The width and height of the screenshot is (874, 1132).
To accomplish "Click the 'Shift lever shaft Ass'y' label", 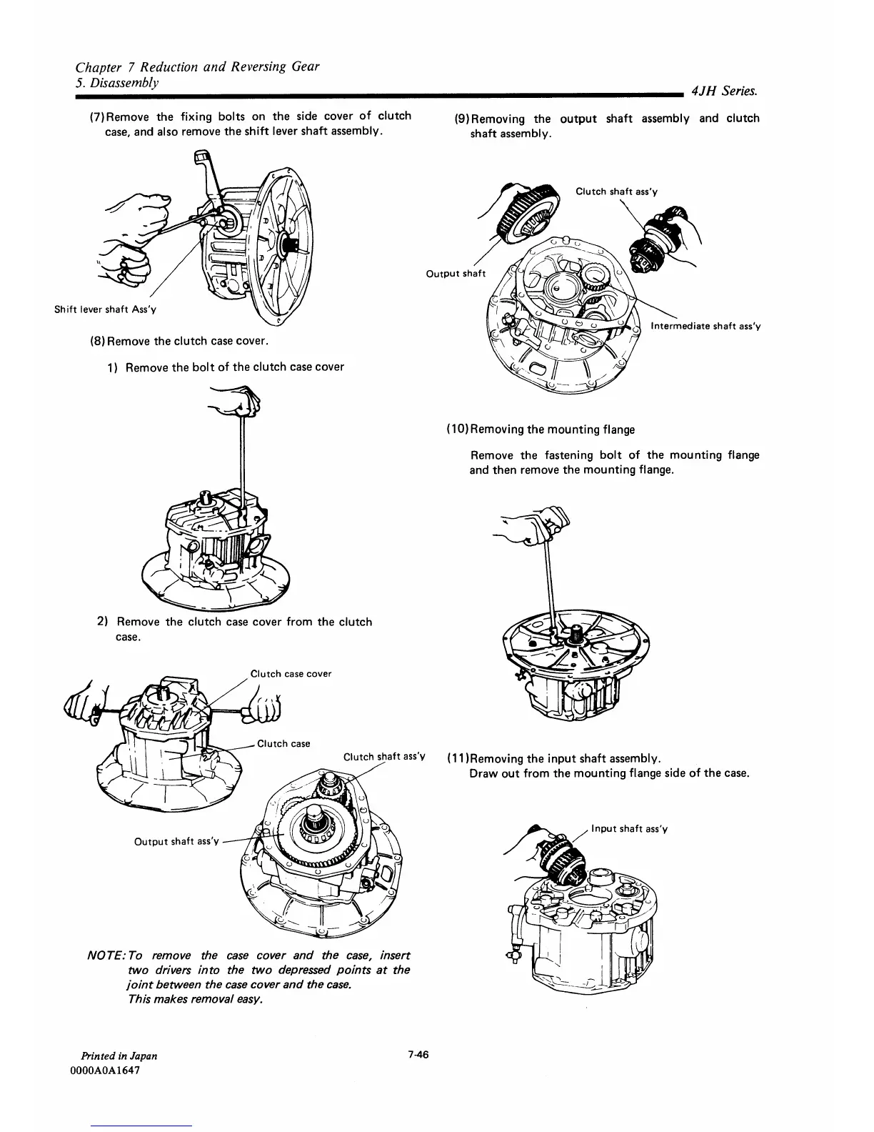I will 105,309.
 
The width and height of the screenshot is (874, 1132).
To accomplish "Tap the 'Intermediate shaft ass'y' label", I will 705,327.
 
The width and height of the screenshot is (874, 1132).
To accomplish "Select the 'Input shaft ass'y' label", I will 628,829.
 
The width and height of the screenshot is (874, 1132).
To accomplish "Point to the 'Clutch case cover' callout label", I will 291,673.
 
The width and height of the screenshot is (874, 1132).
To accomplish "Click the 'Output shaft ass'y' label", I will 176,841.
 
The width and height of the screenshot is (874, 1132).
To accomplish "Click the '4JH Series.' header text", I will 724,91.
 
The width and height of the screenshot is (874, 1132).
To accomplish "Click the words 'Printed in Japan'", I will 119,1056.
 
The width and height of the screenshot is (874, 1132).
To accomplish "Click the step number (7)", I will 96,116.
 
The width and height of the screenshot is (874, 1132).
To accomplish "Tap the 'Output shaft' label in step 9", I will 455,274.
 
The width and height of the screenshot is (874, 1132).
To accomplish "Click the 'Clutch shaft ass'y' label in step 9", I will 616,192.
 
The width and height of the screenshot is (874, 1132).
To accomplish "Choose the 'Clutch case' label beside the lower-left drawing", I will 283,743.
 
